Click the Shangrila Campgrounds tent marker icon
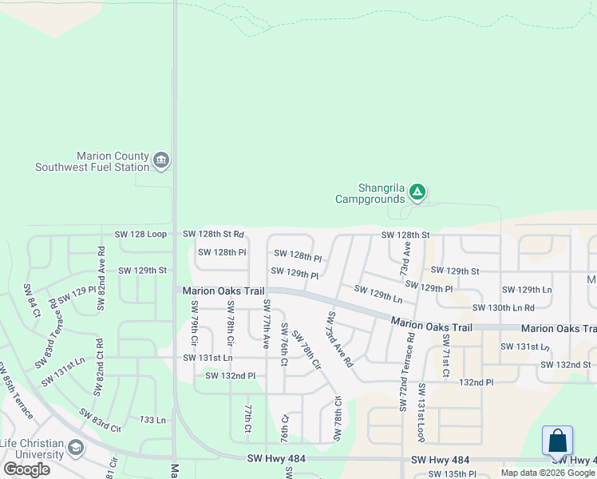pos(417,192)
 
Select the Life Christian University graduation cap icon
pos(76,447)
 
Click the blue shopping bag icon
pos(557,441)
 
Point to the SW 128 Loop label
pos(140,235)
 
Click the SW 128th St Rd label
pos(213,235)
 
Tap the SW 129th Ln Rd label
pos(378,293)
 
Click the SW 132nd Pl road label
pos(230,375)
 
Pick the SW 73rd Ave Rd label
pos(339,338)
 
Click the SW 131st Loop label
pos(421,413)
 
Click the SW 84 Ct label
pos(31,300)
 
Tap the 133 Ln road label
pos(152,420)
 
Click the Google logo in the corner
pos(27,469)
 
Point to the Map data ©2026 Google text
pos(548,473)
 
